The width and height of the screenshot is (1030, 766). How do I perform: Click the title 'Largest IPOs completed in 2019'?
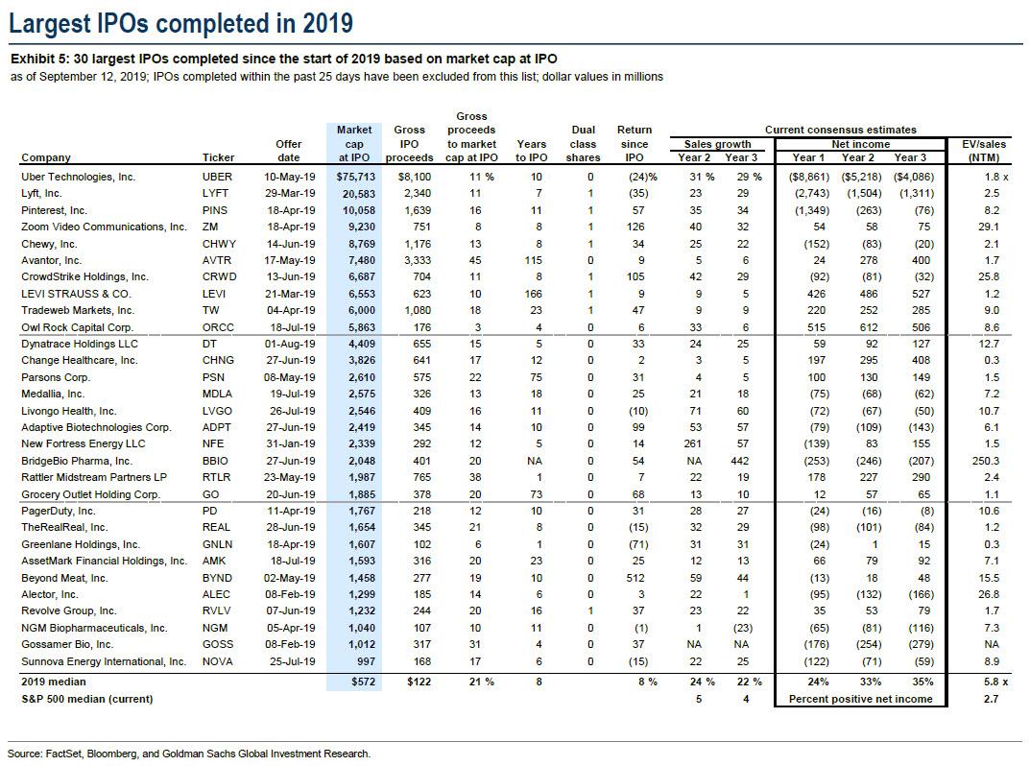pos(180,24)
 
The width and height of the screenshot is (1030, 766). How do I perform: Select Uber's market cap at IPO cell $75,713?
pos(355,177)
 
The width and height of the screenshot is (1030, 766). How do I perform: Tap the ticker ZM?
pos(210,227)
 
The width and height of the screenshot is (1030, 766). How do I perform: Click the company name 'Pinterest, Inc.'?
pos(54,210)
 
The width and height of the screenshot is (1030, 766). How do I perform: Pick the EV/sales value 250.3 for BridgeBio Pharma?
pos(985,461)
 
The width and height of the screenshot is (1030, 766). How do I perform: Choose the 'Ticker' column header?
pos(218,157)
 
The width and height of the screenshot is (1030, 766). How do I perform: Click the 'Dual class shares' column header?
pos(584,144)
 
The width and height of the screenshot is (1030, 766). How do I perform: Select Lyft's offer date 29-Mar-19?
pos(290,193)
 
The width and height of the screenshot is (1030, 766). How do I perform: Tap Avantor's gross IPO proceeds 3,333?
pos(418,260)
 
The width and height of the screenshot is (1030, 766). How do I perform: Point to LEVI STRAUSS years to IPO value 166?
pos(534,294)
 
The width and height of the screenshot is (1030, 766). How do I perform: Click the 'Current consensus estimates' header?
pos(840,131)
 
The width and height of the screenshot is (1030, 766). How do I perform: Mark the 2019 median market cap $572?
pos(363,682)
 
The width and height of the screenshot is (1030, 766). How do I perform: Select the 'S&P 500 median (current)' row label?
pos(86,699)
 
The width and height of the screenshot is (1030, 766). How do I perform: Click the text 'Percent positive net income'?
pos(860,699)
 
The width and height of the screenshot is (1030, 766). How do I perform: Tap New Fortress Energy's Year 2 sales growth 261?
pos(692,443)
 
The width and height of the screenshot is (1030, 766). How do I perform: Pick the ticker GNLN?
pos(218,544)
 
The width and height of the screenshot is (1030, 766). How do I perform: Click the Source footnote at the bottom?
pos(189,754)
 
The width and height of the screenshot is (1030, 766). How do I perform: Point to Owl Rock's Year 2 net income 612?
pos(869,327)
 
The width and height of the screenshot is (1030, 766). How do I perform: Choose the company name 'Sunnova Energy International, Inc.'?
pos(104,661)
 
